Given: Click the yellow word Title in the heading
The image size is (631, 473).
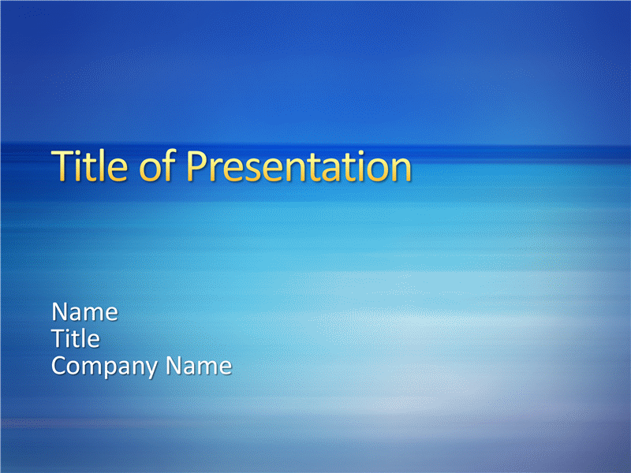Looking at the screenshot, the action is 90,166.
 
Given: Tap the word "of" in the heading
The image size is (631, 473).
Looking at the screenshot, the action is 157,165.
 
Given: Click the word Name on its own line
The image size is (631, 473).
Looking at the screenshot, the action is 85,311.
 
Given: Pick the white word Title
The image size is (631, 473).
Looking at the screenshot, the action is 76,338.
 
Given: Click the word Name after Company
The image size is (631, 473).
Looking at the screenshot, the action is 199,366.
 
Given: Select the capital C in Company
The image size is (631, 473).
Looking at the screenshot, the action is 60,366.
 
